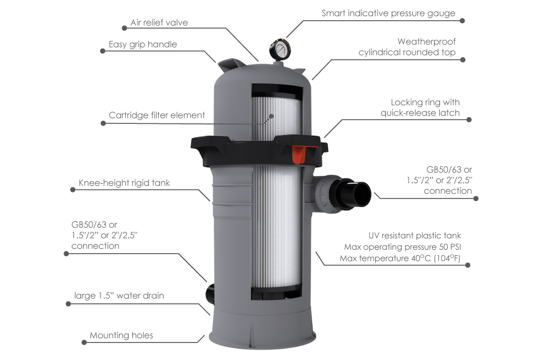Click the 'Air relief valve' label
[159, 23]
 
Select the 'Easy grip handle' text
[142, 44]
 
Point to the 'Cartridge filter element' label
[157, 115]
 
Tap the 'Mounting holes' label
[121, 335]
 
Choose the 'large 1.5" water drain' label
[119, 295]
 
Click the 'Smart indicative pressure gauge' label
[388, 13]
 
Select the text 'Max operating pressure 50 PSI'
[406, 247]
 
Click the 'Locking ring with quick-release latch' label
[420, 107]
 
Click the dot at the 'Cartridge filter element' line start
[102, 123]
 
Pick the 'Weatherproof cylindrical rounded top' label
[406, 47]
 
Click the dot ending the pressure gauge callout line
[462, 21]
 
